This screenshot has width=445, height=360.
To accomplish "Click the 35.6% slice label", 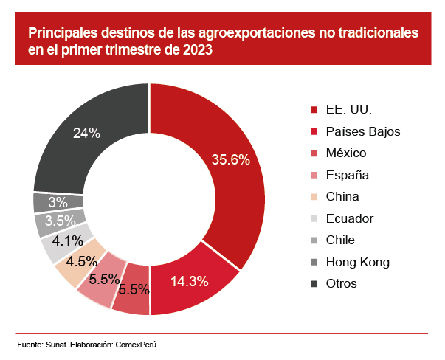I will (231, 159).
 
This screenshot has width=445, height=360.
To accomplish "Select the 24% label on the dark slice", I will (86, 133).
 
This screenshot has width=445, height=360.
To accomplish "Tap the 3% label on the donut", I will (58, 202).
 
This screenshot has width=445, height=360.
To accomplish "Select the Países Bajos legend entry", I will (362, 131).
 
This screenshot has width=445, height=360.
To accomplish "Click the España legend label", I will (347, 175).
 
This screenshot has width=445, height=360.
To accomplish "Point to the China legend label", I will (342, 196).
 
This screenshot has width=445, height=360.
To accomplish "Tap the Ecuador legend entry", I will (349, 218).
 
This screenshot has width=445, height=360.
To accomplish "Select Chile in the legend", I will (340, 240).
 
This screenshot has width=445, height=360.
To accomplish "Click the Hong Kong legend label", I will (357, 262).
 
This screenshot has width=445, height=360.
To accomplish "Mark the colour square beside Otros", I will (314, 284).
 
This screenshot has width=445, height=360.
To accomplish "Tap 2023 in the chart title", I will (198, 51).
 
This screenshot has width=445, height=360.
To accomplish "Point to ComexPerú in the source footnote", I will (137, 345).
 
